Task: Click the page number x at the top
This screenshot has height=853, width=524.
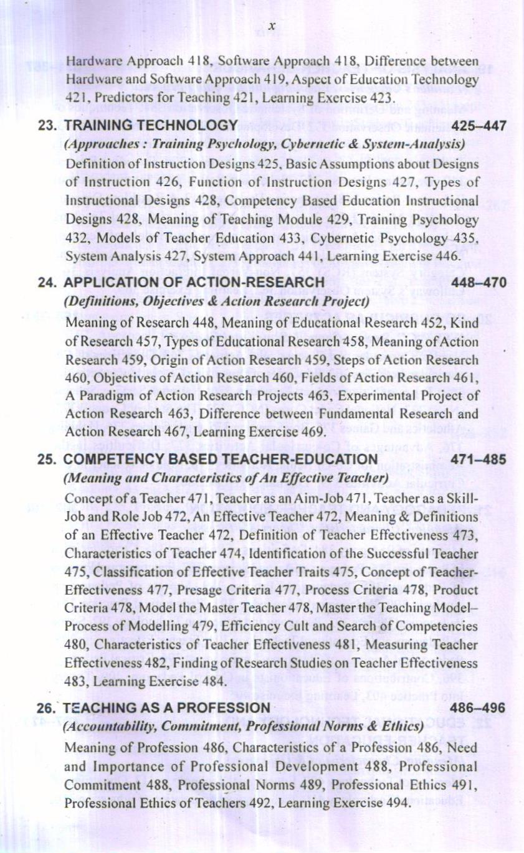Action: (x=272, y=26)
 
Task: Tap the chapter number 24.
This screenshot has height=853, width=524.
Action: (x=47, y=283)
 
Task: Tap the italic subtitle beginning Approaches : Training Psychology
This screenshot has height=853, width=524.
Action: (x=265, y=144)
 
